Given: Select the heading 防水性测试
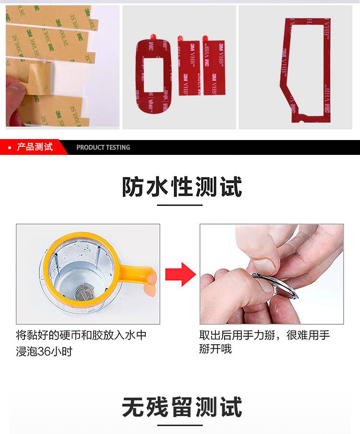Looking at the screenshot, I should coord(181,187).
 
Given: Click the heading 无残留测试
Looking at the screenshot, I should coord(181,408).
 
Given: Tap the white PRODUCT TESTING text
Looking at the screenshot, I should coord(103,148).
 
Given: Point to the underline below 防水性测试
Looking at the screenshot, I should coord(180,205).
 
